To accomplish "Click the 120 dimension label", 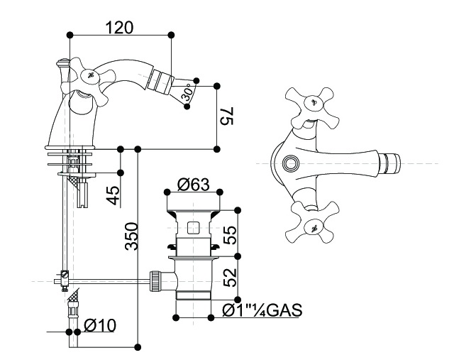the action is [x=119, y=28].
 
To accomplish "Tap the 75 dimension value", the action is [x=226, y=116].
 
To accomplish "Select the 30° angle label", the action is [x=189, y=92].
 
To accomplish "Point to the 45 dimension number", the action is [x=113, y=195].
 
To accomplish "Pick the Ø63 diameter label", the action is [x=194, y=185].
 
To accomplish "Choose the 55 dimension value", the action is [x=230, y=235].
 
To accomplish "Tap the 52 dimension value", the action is [x=230, y=278].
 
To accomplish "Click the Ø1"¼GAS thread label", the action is [x=262, y=310].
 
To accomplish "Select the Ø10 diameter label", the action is [x=100, y=325].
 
